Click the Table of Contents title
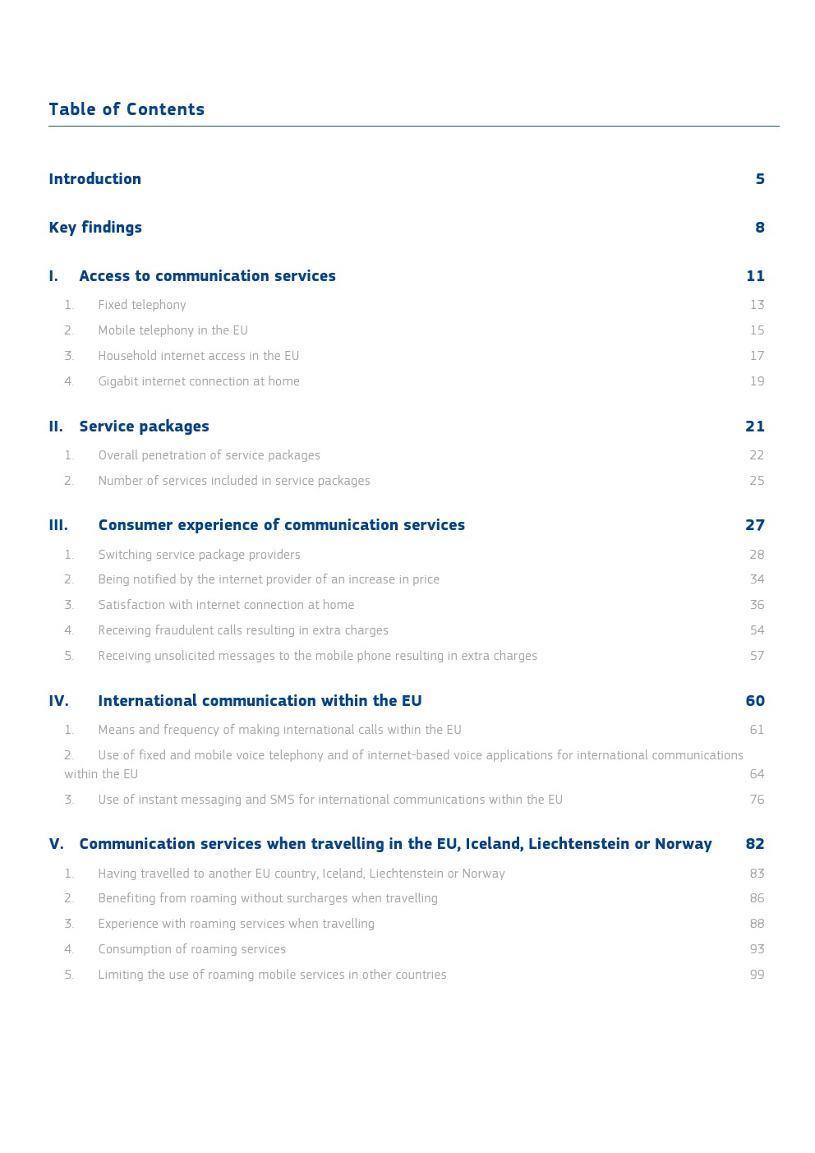tap(127, 109)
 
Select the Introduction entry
tap(94, 179)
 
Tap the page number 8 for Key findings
tap(760, 228)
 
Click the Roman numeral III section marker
tap(58, 525)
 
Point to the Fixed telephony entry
tap(142, 305)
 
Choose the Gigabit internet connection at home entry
tap(199, 381)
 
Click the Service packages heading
tap(144, 427)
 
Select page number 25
tap(757, 481)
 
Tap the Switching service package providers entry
tap(199, 555)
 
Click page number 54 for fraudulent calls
tap(757, 630)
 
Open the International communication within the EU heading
tap(260, 701)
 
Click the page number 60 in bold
tap(755, 701)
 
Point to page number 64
tap(757, 774)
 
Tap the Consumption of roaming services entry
tap(192, 949)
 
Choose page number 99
tap(757, 975)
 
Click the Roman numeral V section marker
tap(56, 844)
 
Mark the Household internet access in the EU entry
tap(199, 356)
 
